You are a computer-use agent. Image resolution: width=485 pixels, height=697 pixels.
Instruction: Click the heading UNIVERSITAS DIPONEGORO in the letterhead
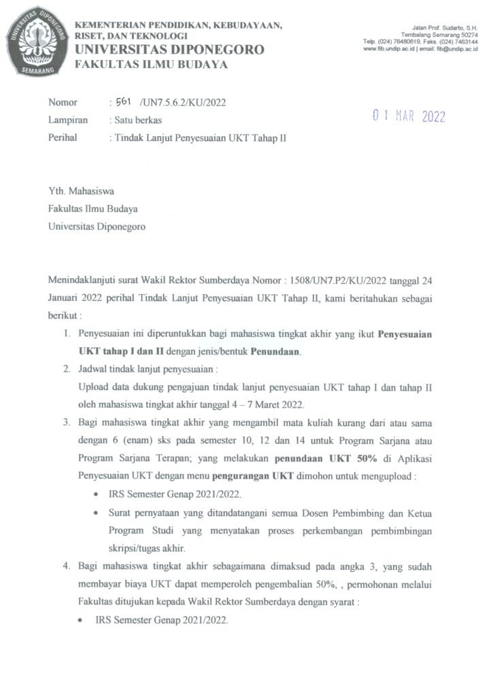169,50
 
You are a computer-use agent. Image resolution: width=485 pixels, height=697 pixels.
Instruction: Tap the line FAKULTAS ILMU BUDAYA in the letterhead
151,65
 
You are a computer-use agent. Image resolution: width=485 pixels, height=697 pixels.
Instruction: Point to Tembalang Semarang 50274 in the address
439,34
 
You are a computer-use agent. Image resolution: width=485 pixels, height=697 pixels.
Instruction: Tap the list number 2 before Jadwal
67,370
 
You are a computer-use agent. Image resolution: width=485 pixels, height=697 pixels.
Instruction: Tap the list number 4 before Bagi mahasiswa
67,566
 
